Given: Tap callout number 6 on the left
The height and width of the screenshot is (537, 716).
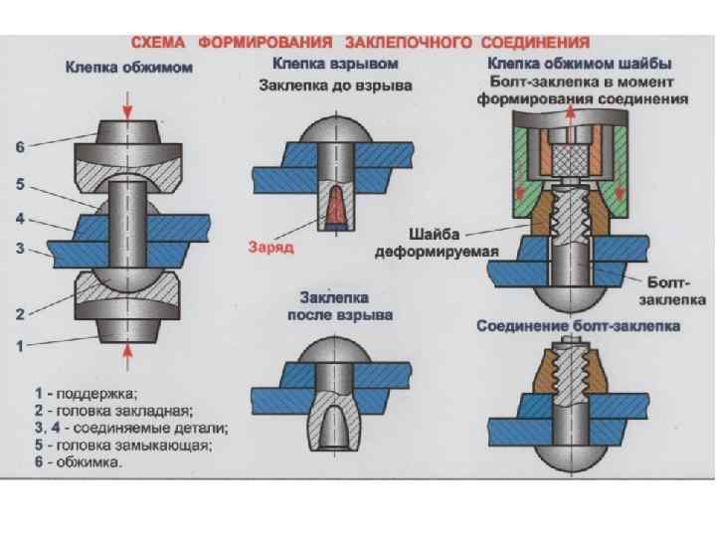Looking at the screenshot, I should click(19, 147).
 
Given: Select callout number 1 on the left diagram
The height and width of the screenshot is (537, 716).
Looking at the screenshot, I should click(19, 347).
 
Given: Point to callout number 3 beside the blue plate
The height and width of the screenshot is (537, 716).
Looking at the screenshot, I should click(19, 249).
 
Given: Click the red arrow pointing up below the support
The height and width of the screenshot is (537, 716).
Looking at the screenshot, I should click(127, 353).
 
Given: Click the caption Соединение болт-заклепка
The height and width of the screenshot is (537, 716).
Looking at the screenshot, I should click(578, 325).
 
